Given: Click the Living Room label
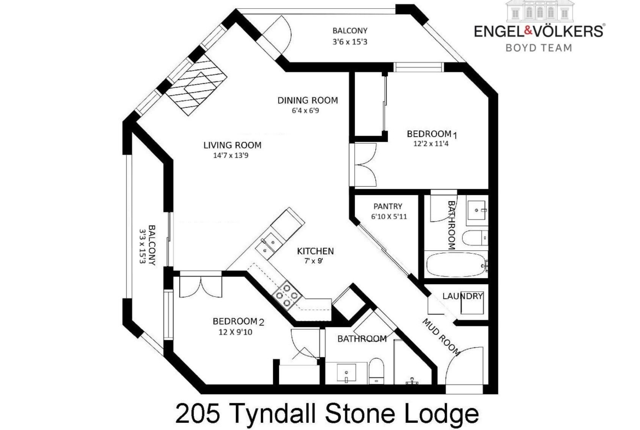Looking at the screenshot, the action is [232, 145].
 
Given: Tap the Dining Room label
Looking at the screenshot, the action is [308, 100].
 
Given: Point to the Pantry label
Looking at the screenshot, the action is [388, 207].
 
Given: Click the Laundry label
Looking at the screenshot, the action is [463, 296].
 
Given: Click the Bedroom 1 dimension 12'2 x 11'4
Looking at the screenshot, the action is [431, 144].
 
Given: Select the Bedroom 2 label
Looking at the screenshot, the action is [238, 322].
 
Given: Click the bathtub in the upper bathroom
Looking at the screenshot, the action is [456, 265].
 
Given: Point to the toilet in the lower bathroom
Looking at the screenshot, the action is [376, 371].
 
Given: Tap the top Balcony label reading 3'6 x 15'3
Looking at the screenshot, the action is [350, 36].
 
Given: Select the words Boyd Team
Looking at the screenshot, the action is [539, 48].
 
